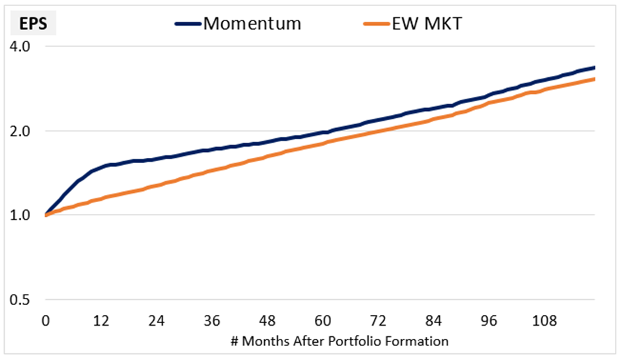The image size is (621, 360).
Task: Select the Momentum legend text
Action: coord(252,24)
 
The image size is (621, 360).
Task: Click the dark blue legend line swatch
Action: coord(188,24)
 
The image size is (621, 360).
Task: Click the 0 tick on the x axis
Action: coord(45,321)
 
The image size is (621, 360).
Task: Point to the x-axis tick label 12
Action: coord(100,321)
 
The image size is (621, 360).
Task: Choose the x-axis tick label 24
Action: coord(156,321)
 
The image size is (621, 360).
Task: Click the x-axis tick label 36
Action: coord(211,321)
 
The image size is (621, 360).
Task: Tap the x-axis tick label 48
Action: coord(267,321)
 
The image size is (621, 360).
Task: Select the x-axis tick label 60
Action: coord(322,321)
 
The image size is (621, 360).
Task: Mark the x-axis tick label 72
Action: coord(378,321)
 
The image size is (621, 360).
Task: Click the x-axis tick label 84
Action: coord(433,321)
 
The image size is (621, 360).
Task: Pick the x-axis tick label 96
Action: coord(489,321)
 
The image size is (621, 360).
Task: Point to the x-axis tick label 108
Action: coord(544,321)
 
